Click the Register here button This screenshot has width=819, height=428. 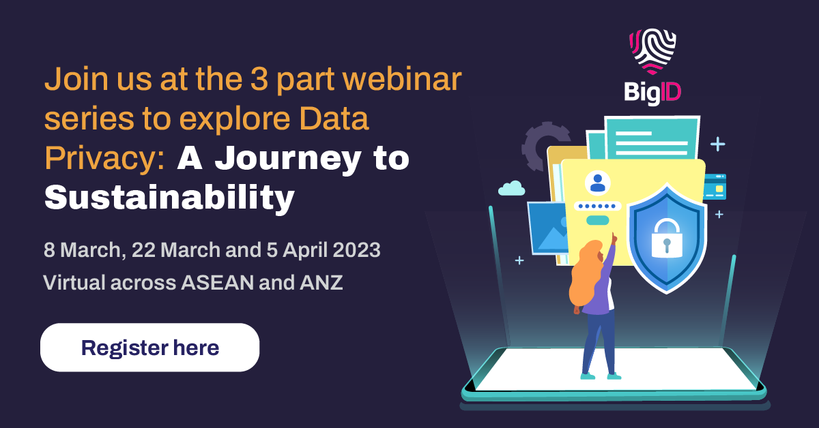tap(150, 348)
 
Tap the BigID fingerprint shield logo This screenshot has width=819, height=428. tap(652, 52)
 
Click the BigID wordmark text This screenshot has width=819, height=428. tap(652, 93)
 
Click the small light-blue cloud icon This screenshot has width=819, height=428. tap(511, 188)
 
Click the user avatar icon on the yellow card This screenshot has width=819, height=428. tap(598, 183)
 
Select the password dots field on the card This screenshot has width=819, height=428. tap(597, 206)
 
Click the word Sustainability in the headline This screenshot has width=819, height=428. tap(169, 198)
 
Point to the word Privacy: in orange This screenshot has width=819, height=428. tap(105, 157)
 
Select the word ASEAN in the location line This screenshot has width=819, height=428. tap(218, 283)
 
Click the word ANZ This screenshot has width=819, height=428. tap(321, 283)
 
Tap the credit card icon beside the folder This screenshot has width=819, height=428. tap(715, 187)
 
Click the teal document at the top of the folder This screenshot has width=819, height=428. tap(652, 138)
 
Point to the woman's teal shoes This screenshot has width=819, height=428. tap(601, 376)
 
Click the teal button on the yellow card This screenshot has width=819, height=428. tap(597, 220)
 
